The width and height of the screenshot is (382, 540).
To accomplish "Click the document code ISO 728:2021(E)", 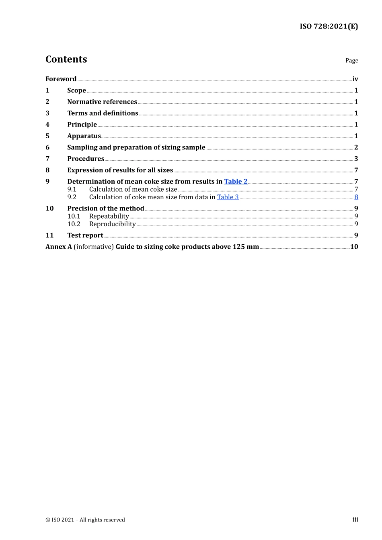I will (x=329, y=27).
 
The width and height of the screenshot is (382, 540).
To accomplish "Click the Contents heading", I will (x=66, y=59).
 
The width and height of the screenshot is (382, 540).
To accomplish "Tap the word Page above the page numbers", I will (x=351, y=61).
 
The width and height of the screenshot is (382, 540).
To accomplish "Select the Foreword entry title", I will (x=61, y=79).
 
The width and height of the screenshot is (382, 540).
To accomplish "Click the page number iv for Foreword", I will (x=355, y=79).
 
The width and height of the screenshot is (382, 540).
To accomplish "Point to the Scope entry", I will (x=76, y=90).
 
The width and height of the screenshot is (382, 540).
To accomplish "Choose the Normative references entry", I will (x=102, y=102).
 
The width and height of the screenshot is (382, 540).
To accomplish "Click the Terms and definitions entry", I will (x=103, y=113).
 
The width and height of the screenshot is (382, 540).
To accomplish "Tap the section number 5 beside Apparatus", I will (x=47, y=136).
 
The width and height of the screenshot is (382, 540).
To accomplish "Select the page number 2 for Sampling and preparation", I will (x=356, y=147).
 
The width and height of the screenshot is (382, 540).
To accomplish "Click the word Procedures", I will (x=86, y=159).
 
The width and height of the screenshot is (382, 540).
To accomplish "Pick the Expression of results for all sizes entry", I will (x=120, y=170).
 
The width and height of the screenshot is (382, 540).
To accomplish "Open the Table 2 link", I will (x=236, y=182).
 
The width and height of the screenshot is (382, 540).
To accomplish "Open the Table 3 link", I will (x=228, y=197).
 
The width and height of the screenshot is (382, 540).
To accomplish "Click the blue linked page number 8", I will (x=356, y=197).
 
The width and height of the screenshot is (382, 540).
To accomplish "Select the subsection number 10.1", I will (x=74, y=217).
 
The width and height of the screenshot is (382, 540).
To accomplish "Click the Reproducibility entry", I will (x=112, y=224).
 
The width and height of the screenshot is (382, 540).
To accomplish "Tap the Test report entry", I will (x=85, y=235).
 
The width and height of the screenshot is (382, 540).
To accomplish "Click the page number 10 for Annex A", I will (x=354, y=247).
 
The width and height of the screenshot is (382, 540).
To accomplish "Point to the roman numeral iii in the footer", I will (x=355, y=520).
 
